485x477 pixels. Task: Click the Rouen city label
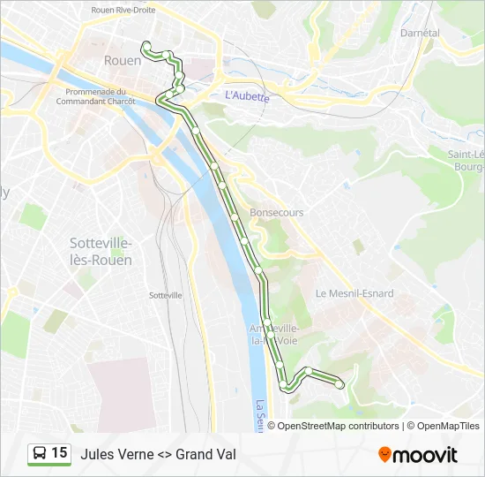[123, 61]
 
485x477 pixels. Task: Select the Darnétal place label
[419, 33]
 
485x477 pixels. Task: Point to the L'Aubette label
[247, 96]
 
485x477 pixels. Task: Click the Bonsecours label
[276, 213]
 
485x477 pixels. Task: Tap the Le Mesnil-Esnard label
[354, 293]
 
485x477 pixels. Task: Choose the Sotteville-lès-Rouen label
[101, 252]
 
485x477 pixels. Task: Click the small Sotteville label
[166, 295]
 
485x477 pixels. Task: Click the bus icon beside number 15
[40, 454]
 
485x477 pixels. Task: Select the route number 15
[59, 453]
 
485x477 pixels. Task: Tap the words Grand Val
[205, 455]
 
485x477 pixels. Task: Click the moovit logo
[418, 455]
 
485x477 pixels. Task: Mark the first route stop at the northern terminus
[146, 45]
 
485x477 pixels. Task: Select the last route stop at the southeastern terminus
[339, 383]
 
